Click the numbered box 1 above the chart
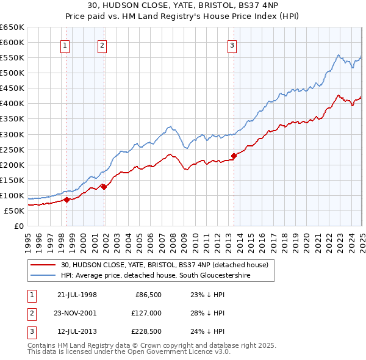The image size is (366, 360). (x=65, y=45)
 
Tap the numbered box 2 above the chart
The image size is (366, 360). (x=102, y=45)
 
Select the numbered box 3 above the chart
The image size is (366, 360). (x=232, y=45)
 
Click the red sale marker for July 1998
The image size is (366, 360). (x=67, y=199)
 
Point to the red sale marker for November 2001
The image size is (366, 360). (x=104, y=187)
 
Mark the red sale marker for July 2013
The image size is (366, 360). (x=234, y=156)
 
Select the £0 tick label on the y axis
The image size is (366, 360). (x=18, y=226)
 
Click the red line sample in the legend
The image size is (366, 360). (x=44, y=265)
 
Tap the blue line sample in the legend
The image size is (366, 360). (x=44, y=276)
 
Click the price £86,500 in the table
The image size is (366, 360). (x=148, y=294)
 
